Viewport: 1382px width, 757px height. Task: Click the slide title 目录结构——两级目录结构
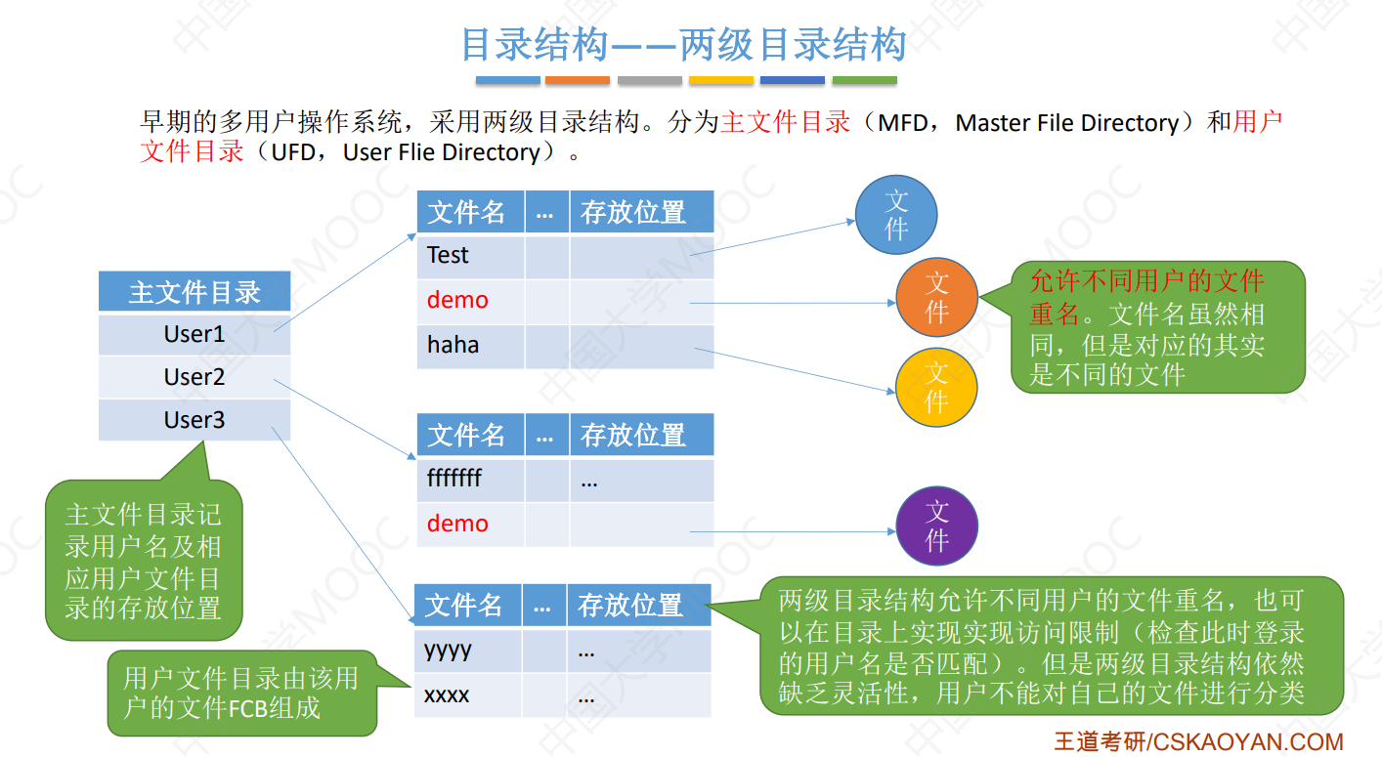coord(684,45)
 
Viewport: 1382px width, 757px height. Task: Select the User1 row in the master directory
coord(194,334)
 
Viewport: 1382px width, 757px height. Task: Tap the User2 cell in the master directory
coord(194,377)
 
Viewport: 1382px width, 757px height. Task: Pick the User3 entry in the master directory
coord(194,420)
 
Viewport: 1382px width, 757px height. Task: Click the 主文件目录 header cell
coord(194,292)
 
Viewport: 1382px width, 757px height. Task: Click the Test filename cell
coord(470,256)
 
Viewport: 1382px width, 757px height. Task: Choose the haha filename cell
coord(470,345)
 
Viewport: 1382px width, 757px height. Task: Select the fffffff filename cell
coord(470,480)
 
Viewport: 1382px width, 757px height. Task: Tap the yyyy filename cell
coord(467,651)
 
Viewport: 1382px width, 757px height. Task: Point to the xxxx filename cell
coord(467,695)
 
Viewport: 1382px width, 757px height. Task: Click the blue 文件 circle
coord(896,216)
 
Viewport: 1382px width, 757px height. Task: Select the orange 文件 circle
coord(936,298)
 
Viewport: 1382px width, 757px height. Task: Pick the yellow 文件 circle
coord(936,387)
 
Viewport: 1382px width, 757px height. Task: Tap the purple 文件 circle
coord(936,526)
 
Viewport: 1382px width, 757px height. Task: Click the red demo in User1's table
coord(457,301)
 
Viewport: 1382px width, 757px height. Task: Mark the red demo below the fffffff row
coord(457,525)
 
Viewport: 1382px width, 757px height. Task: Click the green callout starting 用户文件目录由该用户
coord(241,694)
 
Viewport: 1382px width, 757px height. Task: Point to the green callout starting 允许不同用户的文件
coord(1157,327)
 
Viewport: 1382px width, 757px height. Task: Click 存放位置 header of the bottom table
coord(630,606)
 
